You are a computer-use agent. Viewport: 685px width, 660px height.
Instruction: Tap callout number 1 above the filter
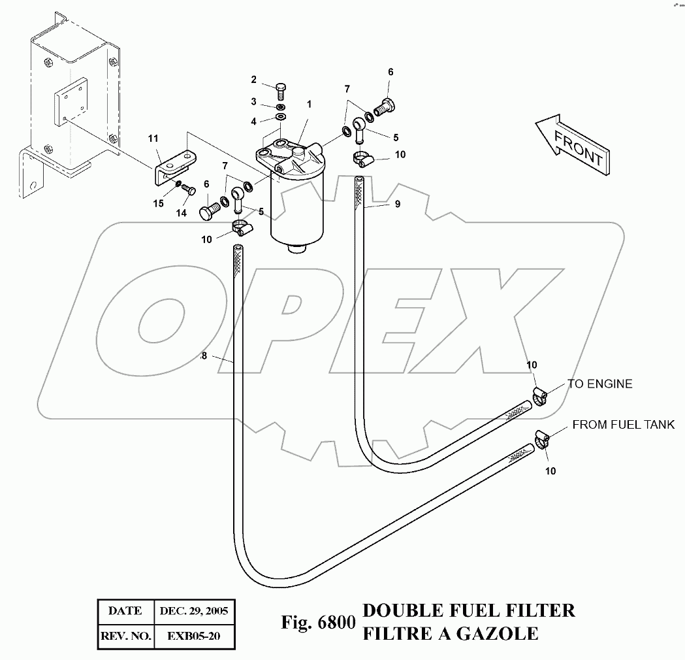[309, 104]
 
